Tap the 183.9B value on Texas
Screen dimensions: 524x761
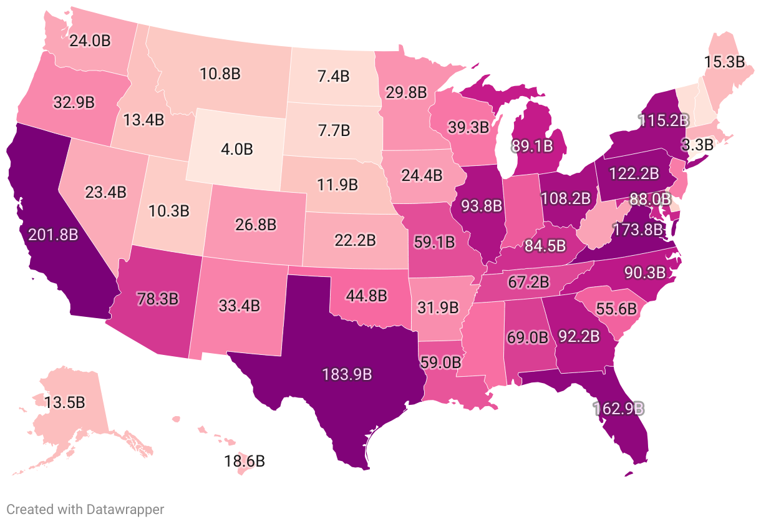347,374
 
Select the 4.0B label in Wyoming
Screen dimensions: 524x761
237,150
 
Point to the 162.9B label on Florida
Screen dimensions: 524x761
618,409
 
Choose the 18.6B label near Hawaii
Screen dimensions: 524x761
244,462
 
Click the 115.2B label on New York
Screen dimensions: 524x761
663,119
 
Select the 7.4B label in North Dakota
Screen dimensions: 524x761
334,77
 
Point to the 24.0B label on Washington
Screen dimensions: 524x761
90,41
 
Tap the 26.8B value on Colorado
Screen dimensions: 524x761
256,225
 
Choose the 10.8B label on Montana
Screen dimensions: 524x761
220,73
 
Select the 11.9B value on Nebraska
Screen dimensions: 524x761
337,185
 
